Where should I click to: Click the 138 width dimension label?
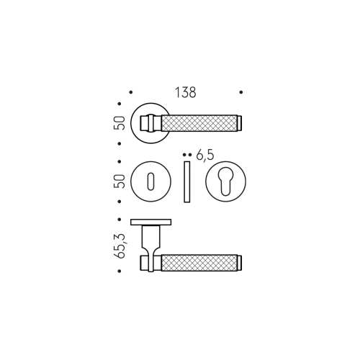point(186,92)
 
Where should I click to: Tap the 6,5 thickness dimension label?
point(204,156)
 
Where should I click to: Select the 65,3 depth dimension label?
point(120,246)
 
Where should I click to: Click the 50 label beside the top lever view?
point(120,123)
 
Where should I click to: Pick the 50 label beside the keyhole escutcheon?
point(120,181)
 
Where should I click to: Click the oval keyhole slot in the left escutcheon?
point(150,181)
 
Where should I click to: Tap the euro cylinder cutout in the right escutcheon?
point(225,181)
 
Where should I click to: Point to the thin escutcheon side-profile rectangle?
point(187,181)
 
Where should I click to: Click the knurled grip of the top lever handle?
point(199,123)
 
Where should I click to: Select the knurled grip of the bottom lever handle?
point(199,263)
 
